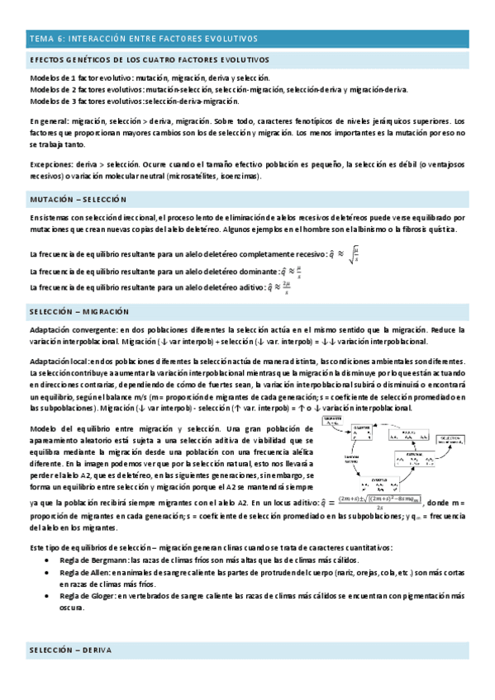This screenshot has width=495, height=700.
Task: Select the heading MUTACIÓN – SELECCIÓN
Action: pos(78,199)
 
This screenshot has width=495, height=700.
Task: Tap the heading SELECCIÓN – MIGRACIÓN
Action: pos(80,312)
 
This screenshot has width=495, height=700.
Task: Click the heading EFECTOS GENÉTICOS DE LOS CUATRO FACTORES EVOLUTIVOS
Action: pos(149,61)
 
